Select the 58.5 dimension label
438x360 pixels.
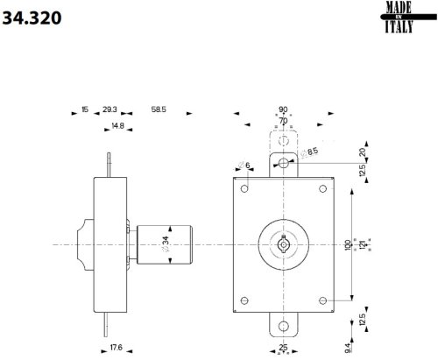tap(159, 110)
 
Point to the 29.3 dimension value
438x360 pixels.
tap(109, 110)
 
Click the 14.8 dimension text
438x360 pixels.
tap(117, 127)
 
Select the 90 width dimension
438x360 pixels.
tap(282, 109)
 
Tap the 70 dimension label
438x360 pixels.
tap(282, 120)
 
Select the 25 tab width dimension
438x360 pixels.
tap(282, 348)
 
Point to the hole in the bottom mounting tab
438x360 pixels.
tap(282, 326)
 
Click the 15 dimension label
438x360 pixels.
tap(84, 110)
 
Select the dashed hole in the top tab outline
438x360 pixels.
tap(282, 139)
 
